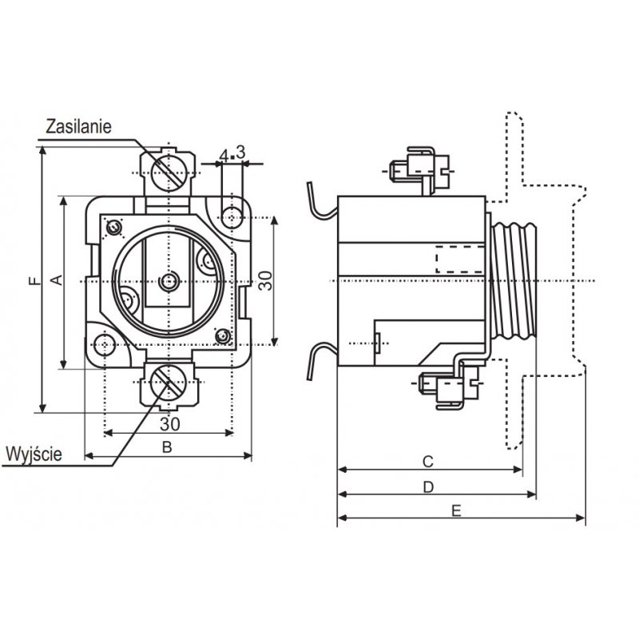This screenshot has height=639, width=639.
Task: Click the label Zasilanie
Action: pos(78,126)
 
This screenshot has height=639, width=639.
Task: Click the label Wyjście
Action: pos(34,454)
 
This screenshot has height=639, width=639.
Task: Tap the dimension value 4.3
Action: pos(232,153)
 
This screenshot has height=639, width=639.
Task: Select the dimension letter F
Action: pos(35,280)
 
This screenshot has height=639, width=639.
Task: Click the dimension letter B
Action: pos(167,447)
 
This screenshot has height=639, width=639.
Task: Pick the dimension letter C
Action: pos(427,462)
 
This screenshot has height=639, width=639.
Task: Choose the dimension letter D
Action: pos(428,487)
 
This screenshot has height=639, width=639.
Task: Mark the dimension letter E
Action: pos(456,510)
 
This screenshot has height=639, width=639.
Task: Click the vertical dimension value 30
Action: pos(266,280)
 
